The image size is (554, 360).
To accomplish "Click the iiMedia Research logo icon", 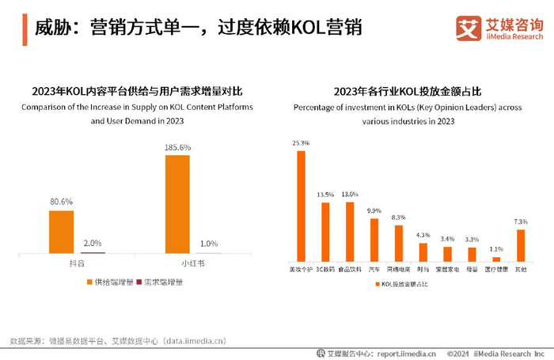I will [x=468, y=28].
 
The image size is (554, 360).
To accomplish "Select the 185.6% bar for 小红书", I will [x=177, y=203].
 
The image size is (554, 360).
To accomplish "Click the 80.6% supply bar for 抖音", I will [x=61, y=231].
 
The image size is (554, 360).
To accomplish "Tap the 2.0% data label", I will [x=93, y=243].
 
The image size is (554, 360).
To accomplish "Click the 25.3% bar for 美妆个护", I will [x=301, y=206].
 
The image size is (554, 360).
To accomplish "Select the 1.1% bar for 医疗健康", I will [x=496, y=259].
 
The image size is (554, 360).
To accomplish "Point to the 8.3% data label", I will [x=398, y=218].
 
